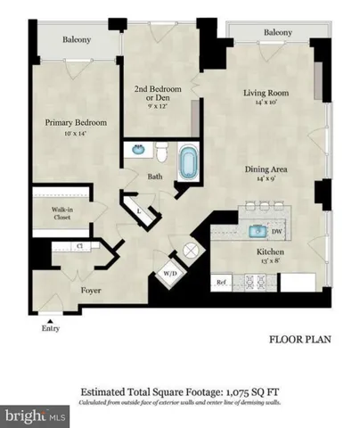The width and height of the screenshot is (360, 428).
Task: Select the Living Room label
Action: (x=268, y=93)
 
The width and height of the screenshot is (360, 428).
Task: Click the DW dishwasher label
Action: (x=277, y=230)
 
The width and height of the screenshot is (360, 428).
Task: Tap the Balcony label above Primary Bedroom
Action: (x=76, y=40)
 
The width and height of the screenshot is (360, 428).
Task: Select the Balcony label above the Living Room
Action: (x=277, y=32)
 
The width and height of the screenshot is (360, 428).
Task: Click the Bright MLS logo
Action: (x=36, y=415)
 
